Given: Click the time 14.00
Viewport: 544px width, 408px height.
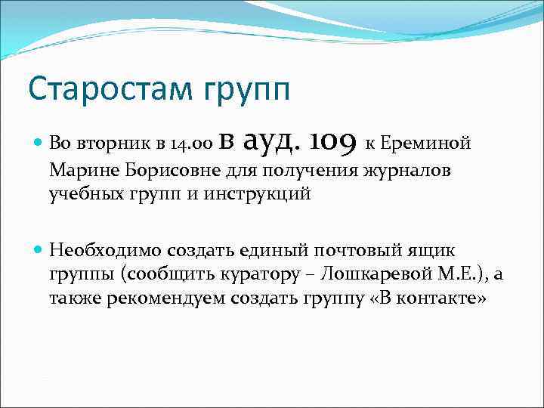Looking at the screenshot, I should [x=191, y=144].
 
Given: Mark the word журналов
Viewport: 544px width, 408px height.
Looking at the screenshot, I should [x=410, y=170].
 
